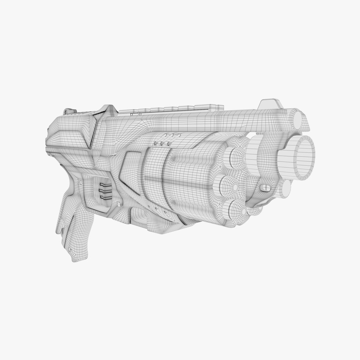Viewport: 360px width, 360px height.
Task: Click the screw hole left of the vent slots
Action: [x=80, y=182]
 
